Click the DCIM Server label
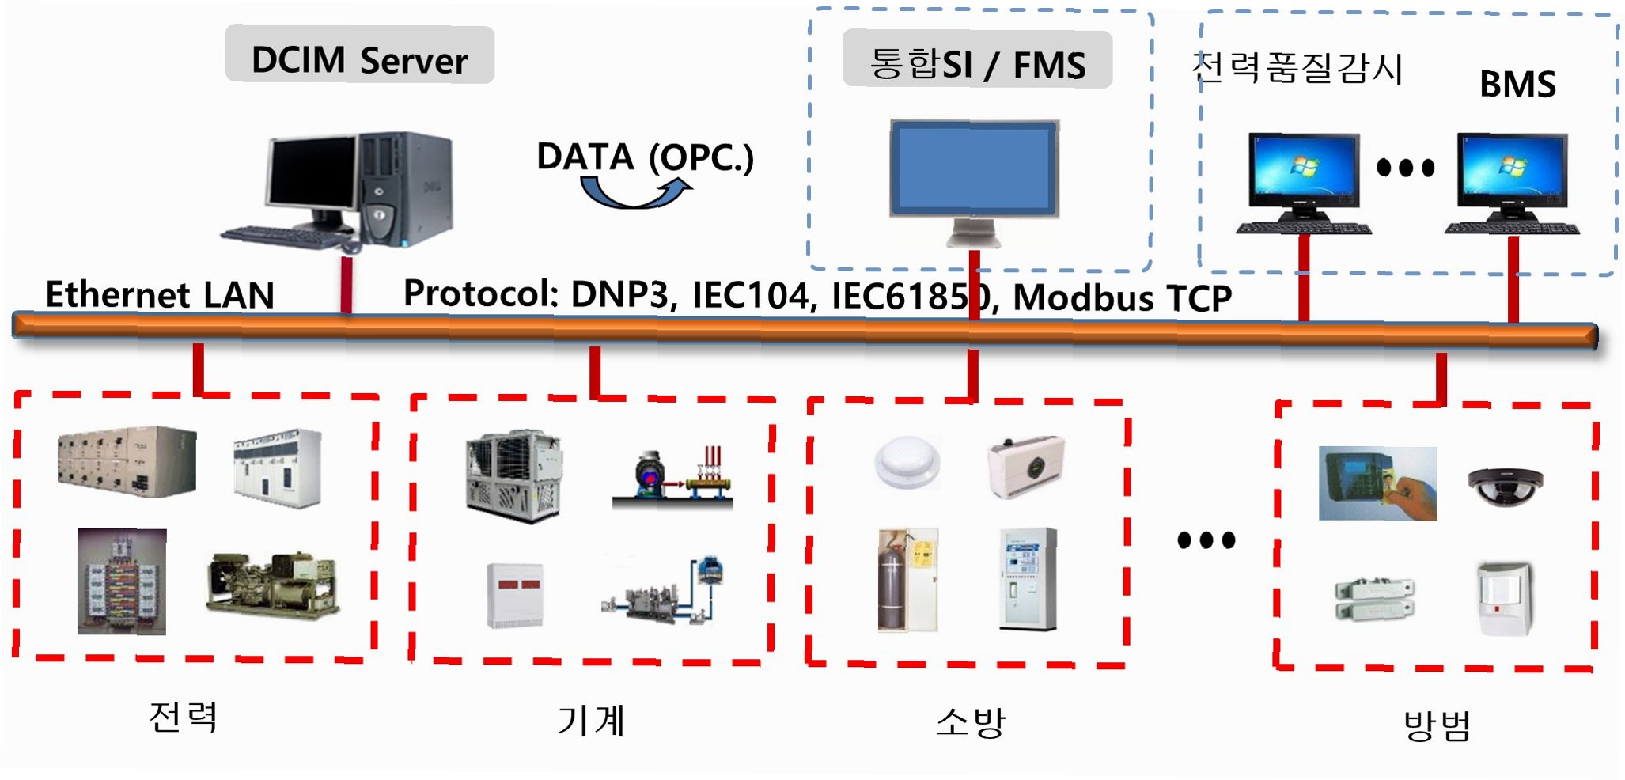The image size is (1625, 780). click(359, 59)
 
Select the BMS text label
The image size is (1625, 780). click(1517, 84)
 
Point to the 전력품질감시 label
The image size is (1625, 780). click(1297, 68)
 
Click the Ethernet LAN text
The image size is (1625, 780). click(160, 295)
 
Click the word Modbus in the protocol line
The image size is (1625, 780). click(1083, 298)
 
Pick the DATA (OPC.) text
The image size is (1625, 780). click(645, 157)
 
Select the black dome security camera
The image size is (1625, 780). click(1505, 485)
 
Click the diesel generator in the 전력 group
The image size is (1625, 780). click(273, 583)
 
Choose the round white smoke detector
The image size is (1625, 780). click(907, 463)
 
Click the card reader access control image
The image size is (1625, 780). click(1377, 483)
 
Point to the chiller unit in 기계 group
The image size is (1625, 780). click(514, 475)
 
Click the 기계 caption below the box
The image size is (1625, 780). click(591, 720)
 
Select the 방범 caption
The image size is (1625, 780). click(1437, 725)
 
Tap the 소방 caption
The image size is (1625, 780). click(970, 721)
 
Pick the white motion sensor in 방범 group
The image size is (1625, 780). click(1505, 598)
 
